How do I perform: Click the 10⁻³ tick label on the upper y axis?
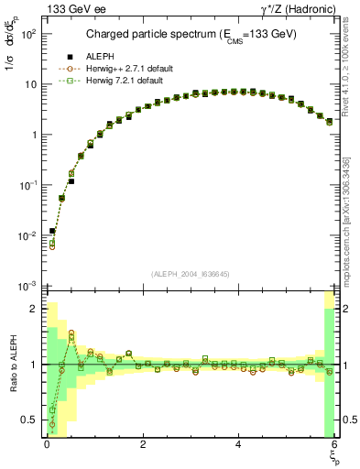(27, 286)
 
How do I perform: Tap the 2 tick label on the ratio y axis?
(32, 309)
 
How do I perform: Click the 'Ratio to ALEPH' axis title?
(12, 366)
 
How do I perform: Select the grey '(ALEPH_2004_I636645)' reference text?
(191, 273)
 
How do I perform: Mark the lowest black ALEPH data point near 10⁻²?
(52, 231)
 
